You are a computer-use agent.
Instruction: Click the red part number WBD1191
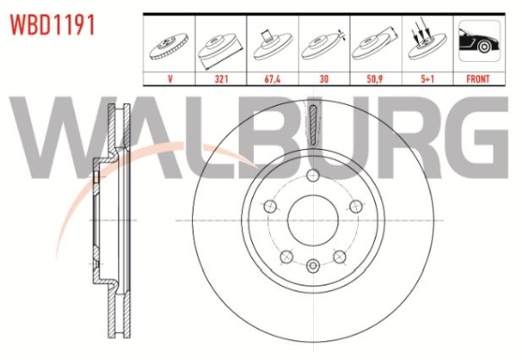[52, 25]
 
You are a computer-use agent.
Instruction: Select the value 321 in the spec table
[221, 79]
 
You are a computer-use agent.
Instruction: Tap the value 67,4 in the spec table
[273, 79]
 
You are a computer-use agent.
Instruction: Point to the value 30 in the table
[324, 79]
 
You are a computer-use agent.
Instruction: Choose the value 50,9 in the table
[375, 79]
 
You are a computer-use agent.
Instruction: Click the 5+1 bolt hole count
[428, 79]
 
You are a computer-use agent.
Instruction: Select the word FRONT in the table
[478, 79]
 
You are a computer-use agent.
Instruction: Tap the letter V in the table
[170, 79]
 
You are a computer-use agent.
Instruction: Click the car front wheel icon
[479, 41]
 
